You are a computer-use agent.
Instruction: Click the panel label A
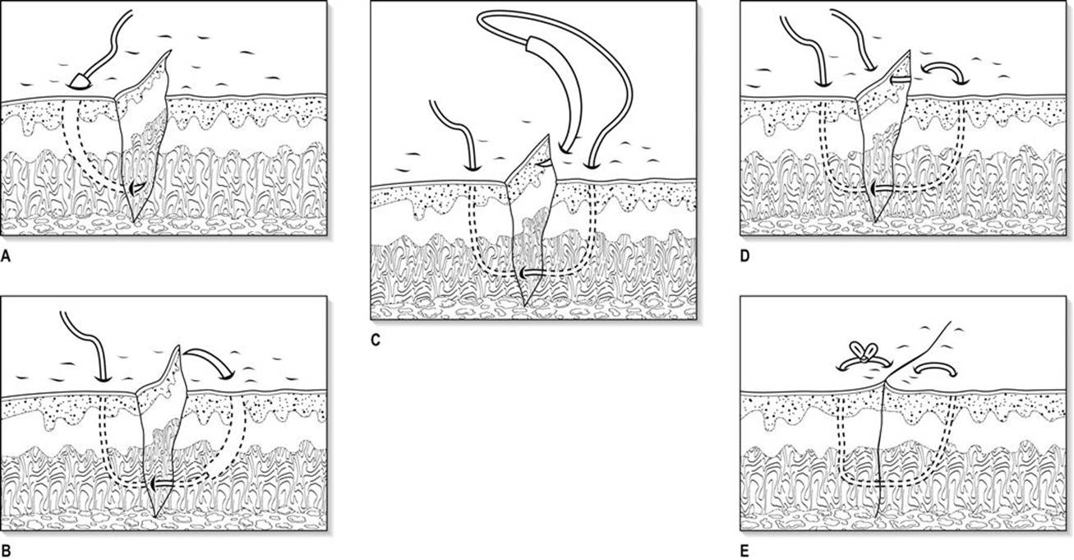point(6,257)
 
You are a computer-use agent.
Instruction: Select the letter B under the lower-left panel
point(6,551)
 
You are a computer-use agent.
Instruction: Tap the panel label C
point(376,340)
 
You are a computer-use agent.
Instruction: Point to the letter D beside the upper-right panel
point(744,257)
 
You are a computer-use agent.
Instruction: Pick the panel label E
point(744,551)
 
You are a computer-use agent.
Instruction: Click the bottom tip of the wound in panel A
point(135,222)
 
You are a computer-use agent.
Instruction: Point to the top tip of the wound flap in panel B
point(179,345)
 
